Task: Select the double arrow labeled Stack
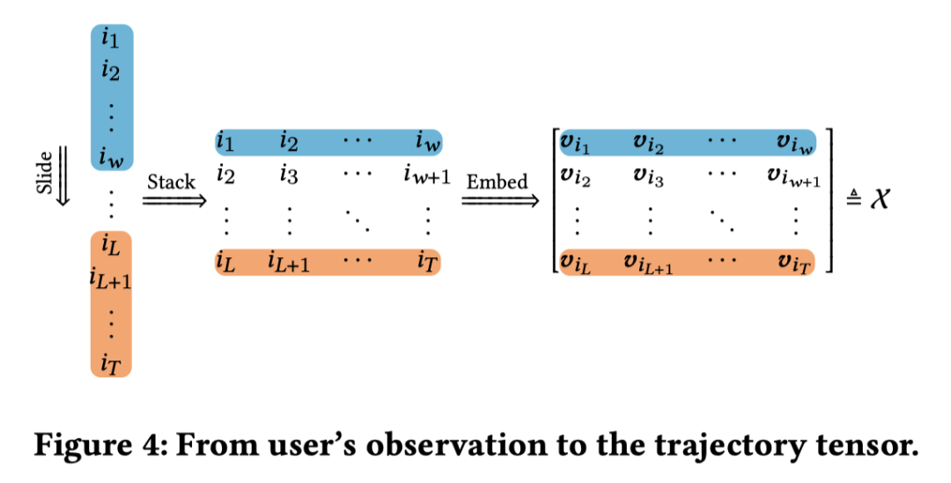click(x=173, y=201)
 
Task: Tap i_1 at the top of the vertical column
click(x=111, y=40)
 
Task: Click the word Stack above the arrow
click(x=172, y=182)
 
